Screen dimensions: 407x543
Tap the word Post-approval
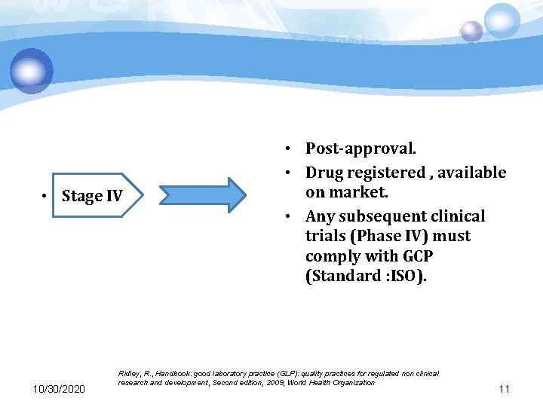click(360, 148)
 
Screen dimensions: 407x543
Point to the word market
click(359, 192)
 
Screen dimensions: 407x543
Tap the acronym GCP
click(414, 256)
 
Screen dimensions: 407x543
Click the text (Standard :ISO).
click(366, 276)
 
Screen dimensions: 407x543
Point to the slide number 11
click(505, 389)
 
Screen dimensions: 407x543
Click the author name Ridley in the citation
click(130, 374)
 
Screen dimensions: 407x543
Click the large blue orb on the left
click(32, 71)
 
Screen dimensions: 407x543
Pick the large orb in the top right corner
click(502, 20)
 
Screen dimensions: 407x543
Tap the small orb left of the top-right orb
click(471, 31)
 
